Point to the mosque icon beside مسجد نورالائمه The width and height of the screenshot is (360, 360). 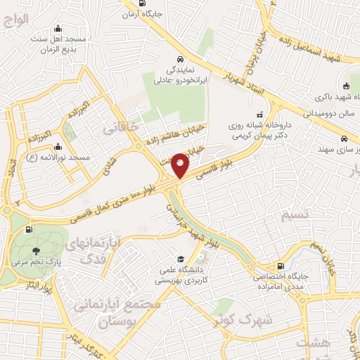coord(58,148)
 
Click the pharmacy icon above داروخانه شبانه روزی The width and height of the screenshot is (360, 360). coord(259,112)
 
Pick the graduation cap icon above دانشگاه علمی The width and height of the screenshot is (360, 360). coord(181,259)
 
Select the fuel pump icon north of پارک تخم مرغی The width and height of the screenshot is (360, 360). coord(28,229)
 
